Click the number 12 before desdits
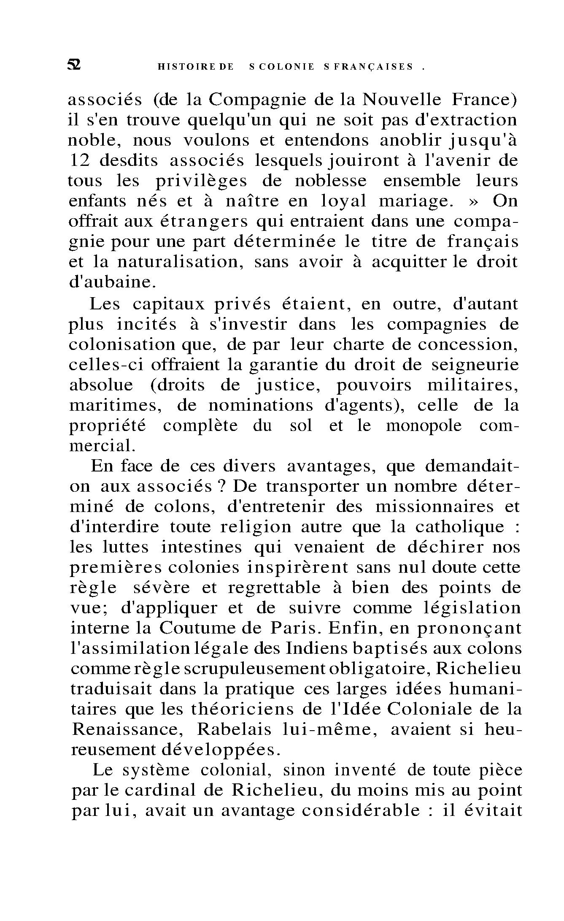79,161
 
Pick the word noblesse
331,181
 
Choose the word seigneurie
475,366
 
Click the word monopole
424,426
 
